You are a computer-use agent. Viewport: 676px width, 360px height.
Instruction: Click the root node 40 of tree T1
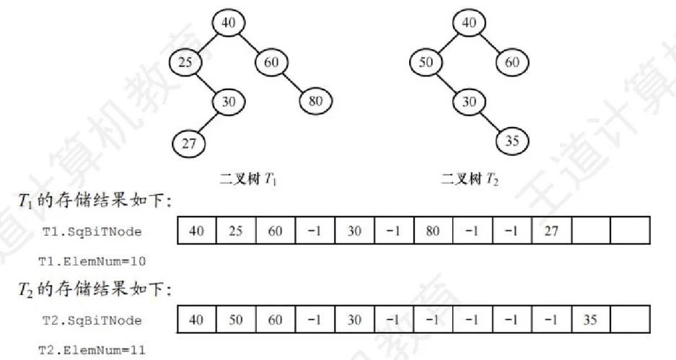coord(229,23)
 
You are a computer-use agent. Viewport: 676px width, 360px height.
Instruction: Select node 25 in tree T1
coord(185,63)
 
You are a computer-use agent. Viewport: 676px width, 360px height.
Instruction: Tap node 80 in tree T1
coord(315,101)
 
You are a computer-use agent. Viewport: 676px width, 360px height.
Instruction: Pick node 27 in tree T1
coord(188,143)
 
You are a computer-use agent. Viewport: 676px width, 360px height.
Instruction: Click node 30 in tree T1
coord(229,102)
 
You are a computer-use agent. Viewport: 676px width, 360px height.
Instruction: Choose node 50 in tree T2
coord(426,63)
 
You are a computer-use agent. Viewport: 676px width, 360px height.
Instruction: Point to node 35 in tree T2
coord(512,141)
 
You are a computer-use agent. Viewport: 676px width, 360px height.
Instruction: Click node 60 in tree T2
coord(512,63)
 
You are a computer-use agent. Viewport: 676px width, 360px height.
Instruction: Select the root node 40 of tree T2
coord(469,23)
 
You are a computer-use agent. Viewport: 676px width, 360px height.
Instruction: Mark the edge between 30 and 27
coord(208,122)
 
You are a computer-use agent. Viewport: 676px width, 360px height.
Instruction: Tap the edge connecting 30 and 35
coord(491,121)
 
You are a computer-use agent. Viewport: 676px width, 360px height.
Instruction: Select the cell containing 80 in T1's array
coord(433,232)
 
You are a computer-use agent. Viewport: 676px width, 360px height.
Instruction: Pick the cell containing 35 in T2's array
coord(590,319)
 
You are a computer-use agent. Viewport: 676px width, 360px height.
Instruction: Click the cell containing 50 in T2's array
coord(236,319)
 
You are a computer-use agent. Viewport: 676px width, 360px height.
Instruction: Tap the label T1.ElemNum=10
coord(92,260)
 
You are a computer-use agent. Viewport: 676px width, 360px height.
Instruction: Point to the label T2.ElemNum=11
coord(92,350)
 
